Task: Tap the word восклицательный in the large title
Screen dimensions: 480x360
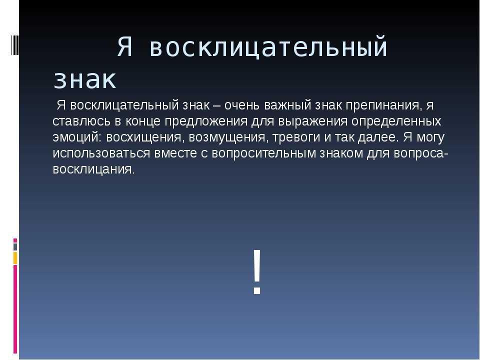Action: pyautogui.click(x=269, y=48)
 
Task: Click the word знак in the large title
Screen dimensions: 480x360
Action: pyautogui.click(x=84, y=79)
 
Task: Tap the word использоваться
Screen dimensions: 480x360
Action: pyautogui.click(x=101, y=153)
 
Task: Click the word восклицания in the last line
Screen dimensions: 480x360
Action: pyautogui.click(x=93, y=169)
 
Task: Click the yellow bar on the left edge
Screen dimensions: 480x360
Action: pyautogui.click(x=15, y=258)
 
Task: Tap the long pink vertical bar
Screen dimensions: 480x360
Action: pyautogui.click(x=15, y=309)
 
